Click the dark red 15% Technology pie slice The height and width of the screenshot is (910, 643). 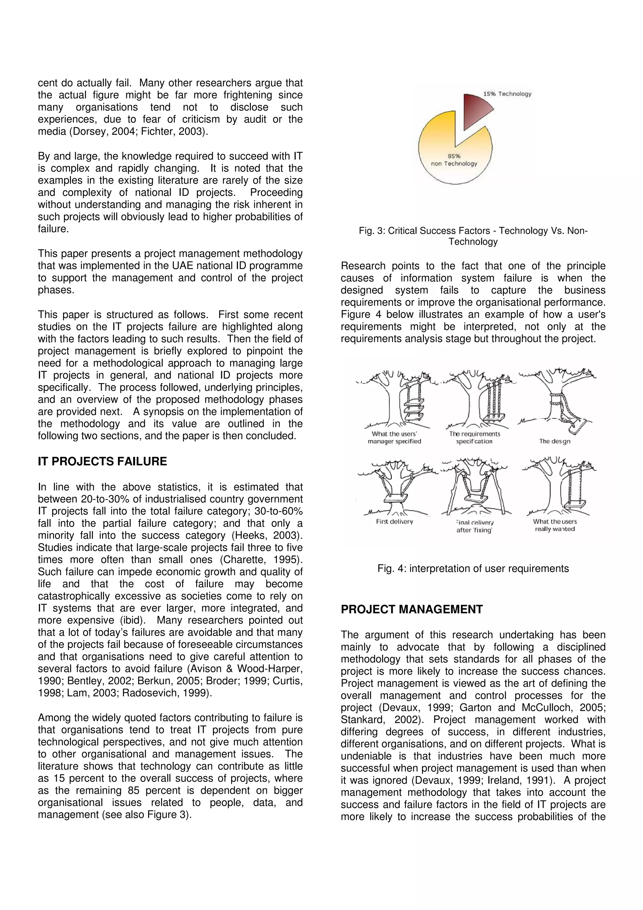475,109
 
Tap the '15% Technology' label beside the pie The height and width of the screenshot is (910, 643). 507,94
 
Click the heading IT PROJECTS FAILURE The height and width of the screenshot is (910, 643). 102,461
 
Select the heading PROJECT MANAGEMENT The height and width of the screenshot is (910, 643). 412,609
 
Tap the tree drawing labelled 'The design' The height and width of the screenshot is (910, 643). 557,400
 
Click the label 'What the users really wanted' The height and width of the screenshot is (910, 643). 555,525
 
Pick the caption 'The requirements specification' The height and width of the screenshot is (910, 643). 474,437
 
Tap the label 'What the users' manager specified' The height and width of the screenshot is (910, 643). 394,437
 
